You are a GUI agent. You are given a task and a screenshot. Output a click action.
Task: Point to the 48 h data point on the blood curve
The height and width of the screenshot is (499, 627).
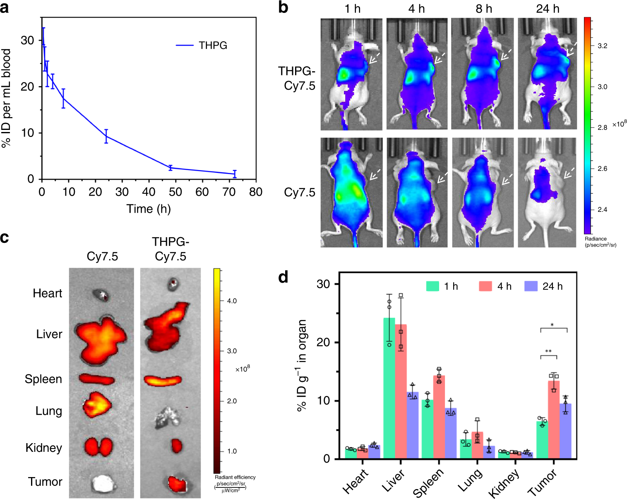170,168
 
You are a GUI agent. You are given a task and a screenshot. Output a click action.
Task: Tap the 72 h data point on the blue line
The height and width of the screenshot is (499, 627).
235,174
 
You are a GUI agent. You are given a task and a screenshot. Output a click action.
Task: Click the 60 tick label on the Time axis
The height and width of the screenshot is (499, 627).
202,192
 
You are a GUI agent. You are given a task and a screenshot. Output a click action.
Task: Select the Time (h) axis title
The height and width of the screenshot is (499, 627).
149,209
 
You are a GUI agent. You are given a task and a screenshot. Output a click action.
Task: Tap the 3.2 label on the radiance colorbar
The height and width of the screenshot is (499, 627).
602,46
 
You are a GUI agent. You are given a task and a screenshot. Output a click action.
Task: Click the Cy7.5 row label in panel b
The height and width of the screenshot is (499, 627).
299,192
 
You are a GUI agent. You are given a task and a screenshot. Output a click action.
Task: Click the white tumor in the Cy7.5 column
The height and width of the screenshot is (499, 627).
102,483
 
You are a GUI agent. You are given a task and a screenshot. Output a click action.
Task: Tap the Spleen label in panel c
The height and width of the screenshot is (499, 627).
43,379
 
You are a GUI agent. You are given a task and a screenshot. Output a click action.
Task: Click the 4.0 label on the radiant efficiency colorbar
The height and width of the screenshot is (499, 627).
232,301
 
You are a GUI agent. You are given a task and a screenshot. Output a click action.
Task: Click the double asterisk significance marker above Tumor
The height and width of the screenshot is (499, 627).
548,352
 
